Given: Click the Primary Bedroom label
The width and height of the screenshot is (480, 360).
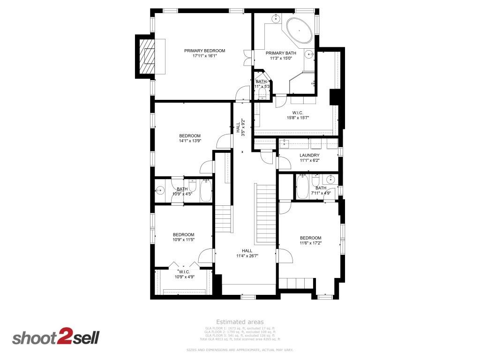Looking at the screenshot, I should click(x=204, y=51).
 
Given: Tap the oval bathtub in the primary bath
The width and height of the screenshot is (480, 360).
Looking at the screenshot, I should click(x=299, y=31).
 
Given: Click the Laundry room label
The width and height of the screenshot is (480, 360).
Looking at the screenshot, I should click(x=309, y=155).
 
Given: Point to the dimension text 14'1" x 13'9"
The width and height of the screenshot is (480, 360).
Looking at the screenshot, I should click(x=190, y=141).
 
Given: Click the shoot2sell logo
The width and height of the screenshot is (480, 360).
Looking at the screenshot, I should click(x=56, y=337).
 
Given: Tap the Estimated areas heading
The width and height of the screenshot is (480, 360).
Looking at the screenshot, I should click(x=240, y=322).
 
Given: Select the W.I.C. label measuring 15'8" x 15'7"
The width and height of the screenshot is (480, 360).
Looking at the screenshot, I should click(x=298, y=112).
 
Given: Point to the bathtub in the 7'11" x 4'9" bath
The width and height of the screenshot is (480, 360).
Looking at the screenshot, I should click(x=302, y=187).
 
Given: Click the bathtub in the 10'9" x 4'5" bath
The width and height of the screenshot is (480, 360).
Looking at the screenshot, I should click(x=206, y=190).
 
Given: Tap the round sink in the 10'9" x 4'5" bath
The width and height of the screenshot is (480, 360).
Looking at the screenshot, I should click(x=160, y=190).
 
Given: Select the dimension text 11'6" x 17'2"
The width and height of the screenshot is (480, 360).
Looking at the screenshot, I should click(x=311, y=243).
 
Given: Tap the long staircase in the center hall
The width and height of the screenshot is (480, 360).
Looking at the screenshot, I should click(x=266, y=214).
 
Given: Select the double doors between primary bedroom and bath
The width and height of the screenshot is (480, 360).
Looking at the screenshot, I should click(x=247, y=57).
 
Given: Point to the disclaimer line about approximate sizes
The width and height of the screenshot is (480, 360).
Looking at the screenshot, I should click(x=240, y=350).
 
